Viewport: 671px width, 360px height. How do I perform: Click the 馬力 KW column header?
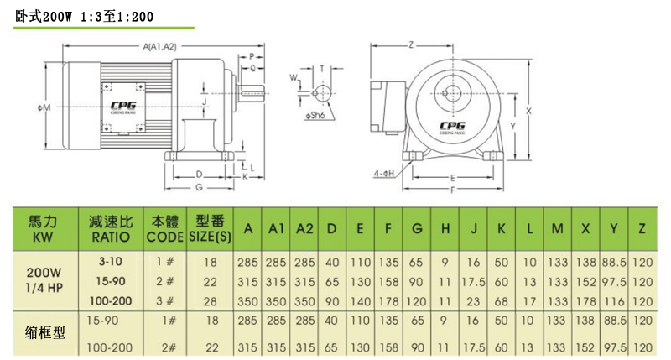[43, 229]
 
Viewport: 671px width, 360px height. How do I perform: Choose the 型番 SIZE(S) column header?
[212, 229]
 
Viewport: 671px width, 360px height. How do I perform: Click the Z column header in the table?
[642, 229]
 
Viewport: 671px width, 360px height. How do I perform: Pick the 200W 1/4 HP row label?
[43, 279]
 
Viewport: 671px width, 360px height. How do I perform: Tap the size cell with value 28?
[211, 300]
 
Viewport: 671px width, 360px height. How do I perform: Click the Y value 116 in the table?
[615, 300]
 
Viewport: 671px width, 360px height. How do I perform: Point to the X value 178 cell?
[585, 300]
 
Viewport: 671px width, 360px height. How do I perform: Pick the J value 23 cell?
[474, 300]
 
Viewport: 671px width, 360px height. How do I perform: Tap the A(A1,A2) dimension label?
[160, 45]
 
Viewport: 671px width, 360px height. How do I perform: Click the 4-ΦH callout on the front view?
[382, 175]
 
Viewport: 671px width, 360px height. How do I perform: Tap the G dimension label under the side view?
[198, 188]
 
